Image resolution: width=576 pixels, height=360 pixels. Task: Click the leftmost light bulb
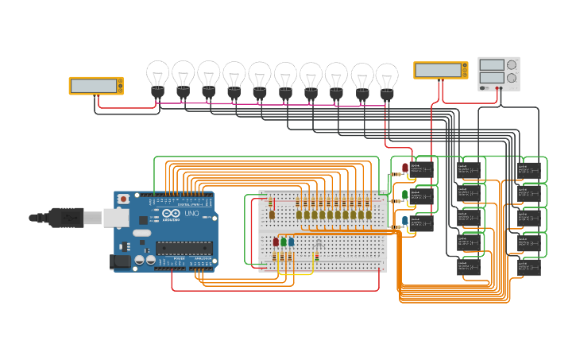(x=158, y=77)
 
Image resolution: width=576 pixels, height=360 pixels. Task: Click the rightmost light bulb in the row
(x=387, y=79)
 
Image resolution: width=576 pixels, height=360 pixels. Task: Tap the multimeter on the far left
(x=96, y=85)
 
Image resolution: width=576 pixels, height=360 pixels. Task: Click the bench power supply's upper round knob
(x=512, y=64)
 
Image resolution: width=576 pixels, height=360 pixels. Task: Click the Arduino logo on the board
(x=171, y=214)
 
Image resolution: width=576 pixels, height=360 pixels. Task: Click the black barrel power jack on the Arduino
(x=120, y=261)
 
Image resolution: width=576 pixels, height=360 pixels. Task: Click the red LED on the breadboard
(x=276, y=242)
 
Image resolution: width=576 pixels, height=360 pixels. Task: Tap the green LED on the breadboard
(x=284, y=242)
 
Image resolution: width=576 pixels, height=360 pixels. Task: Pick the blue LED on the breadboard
(x=292, y=242)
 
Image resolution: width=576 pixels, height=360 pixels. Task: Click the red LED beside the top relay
(x=405, y=168)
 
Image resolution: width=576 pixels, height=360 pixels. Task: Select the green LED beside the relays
(x=405, y=194)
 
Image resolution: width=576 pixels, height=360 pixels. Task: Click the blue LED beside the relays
(x=405, y=221)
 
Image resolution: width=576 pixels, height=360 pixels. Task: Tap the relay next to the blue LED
(x=424, y=223)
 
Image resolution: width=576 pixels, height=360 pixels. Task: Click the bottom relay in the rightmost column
(x=529, y=267)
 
